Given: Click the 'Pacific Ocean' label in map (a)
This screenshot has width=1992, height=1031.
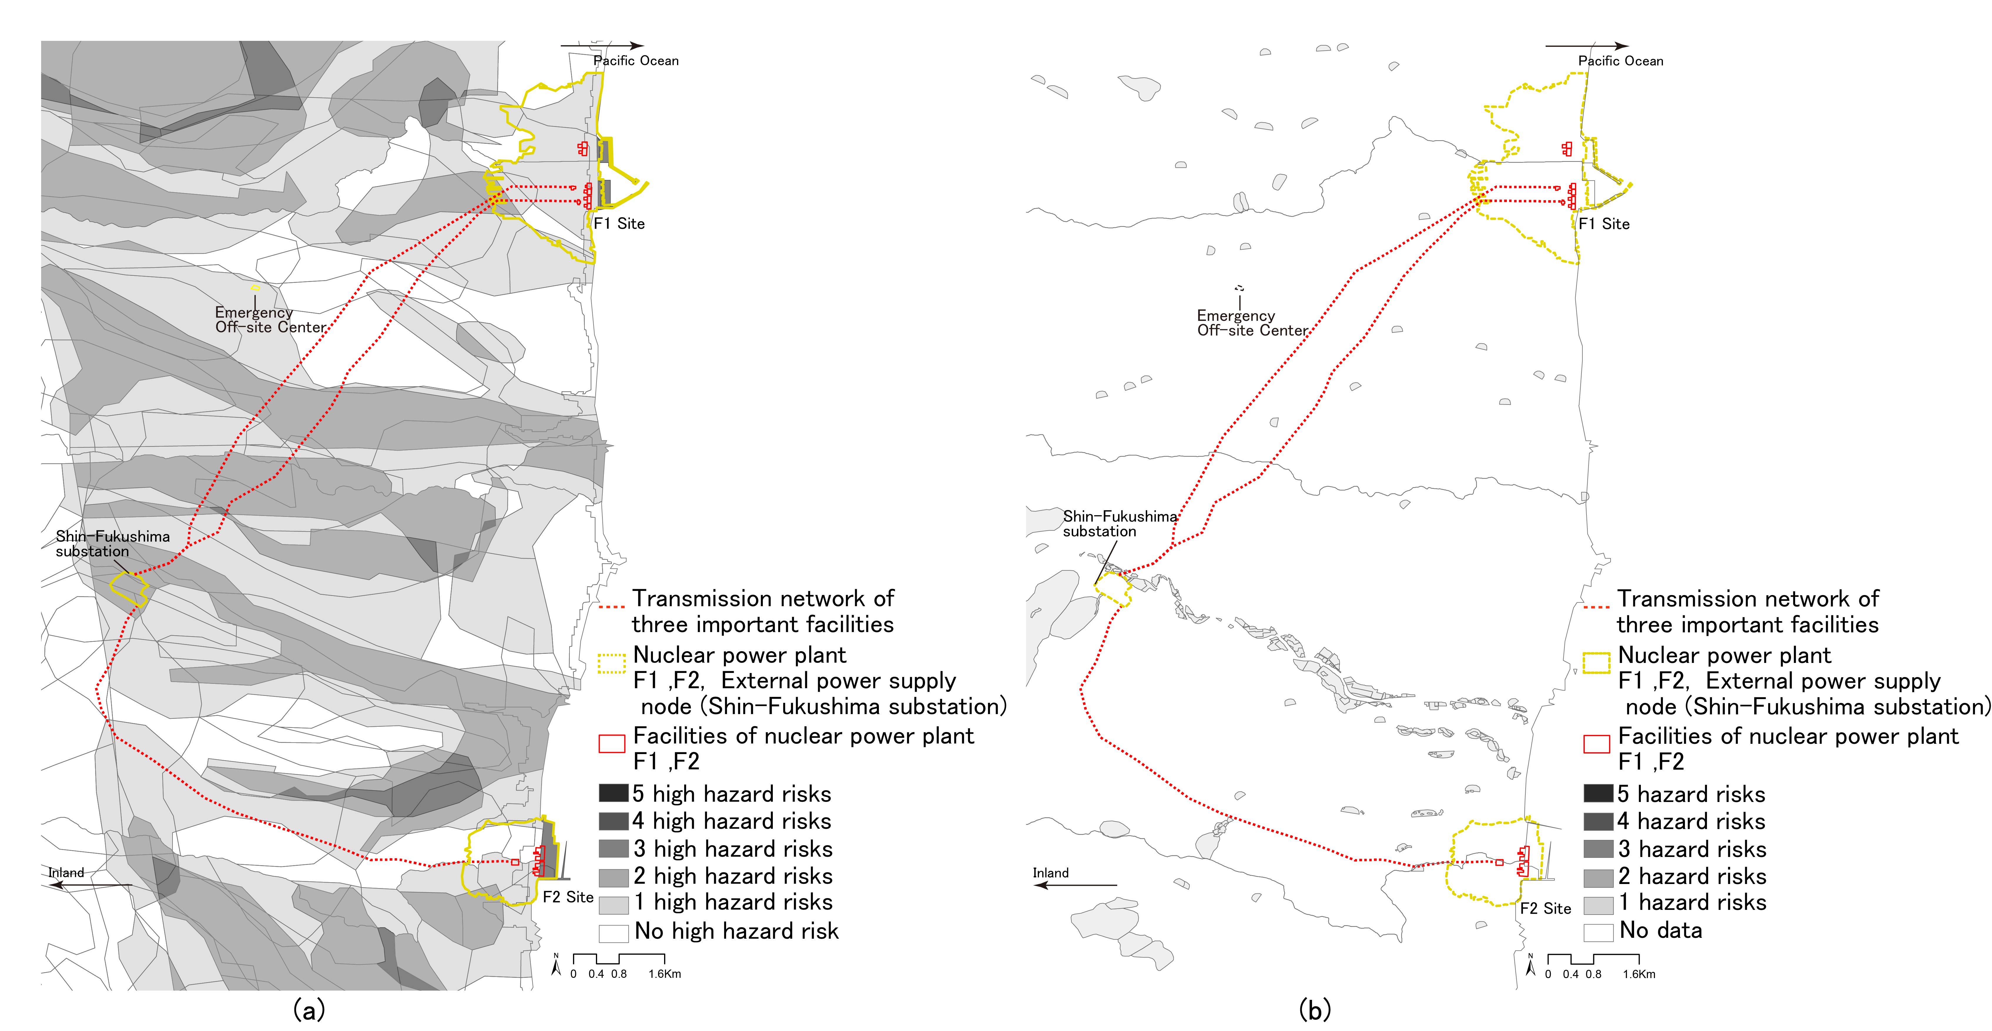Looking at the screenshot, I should [x=636, y=60].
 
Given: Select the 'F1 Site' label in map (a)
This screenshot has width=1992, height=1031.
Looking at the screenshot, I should [x=619, y=223].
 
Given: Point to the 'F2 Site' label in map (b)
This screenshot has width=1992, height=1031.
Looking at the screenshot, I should [x=1545, y=908].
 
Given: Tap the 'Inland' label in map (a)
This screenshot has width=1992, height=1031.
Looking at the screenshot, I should [x=66, y=873].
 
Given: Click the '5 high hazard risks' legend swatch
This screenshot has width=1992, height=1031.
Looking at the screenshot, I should [x=613, y=793].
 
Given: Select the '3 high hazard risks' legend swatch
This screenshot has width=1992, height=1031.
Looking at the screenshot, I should [x=613, y=848].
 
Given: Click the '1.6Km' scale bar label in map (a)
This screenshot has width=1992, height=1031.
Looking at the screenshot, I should [x=664, y=974].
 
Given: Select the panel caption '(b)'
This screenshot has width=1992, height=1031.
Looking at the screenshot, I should [x=1315, y=1009].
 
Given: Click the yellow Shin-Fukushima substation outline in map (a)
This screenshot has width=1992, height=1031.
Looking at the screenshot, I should [x=129, y=589].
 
